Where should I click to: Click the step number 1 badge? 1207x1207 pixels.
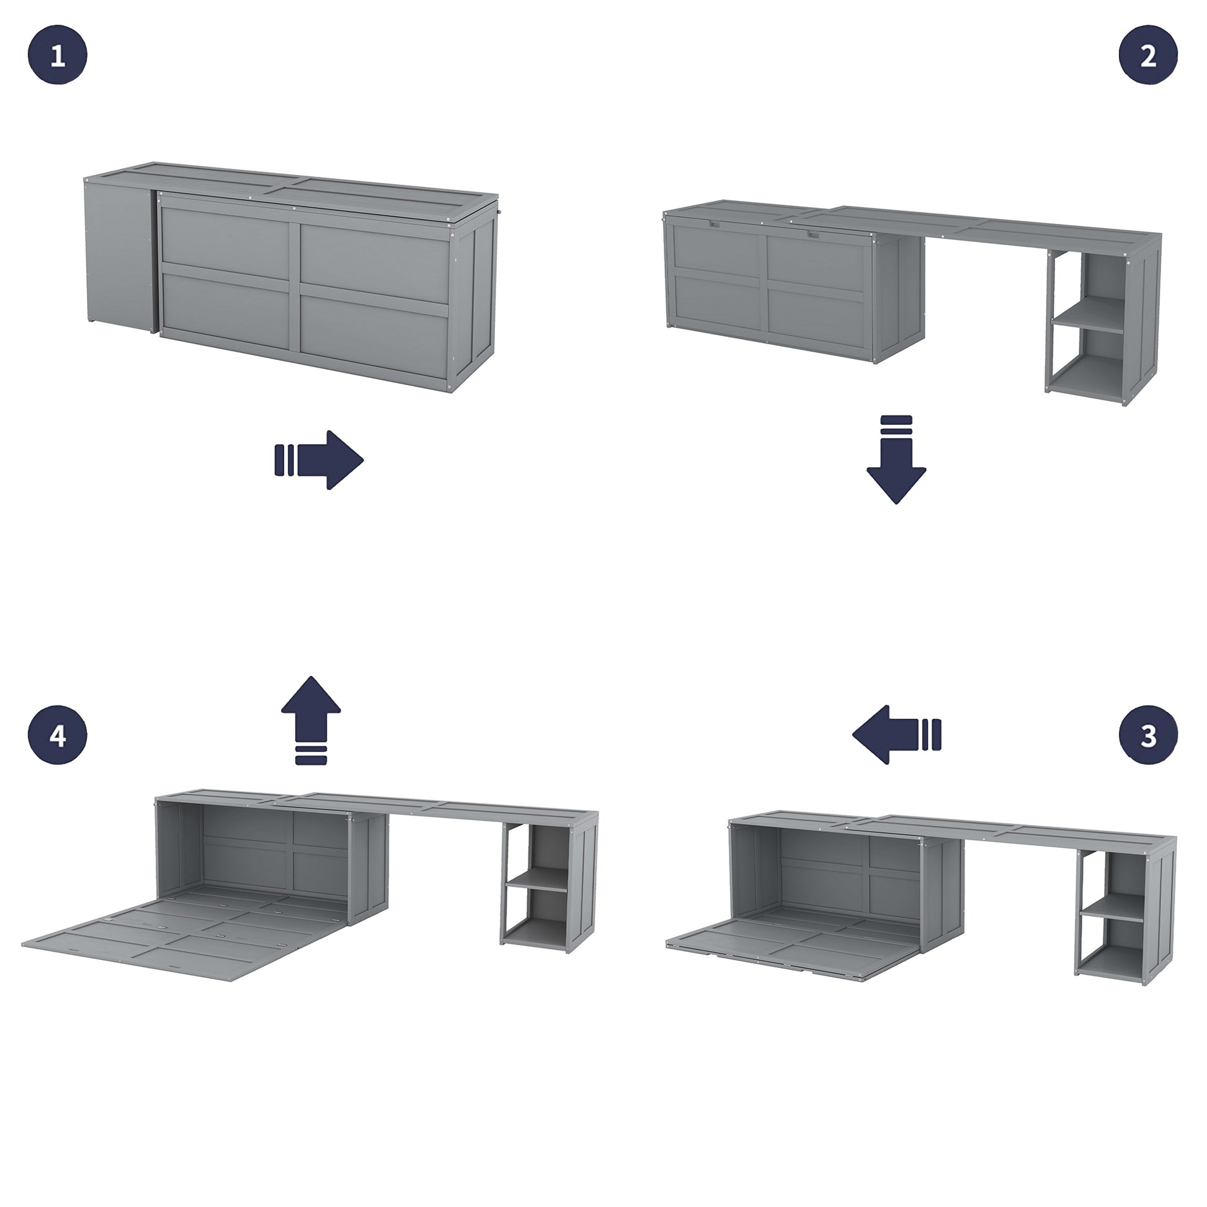(58, 55)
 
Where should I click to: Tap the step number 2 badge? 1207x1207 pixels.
(1148, 55)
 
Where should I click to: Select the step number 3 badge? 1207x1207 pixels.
(1148, 736)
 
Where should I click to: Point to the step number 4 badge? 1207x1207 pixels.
(58, 736)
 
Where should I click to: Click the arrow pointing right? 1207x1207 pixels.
(319, 460)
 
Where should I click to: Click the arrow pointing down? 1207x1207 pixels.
(896, 460)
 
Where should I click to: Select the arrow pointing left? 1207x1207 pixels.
(896, 735)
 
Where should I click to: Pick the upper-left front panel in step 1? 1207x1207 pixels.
(225, 236)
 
